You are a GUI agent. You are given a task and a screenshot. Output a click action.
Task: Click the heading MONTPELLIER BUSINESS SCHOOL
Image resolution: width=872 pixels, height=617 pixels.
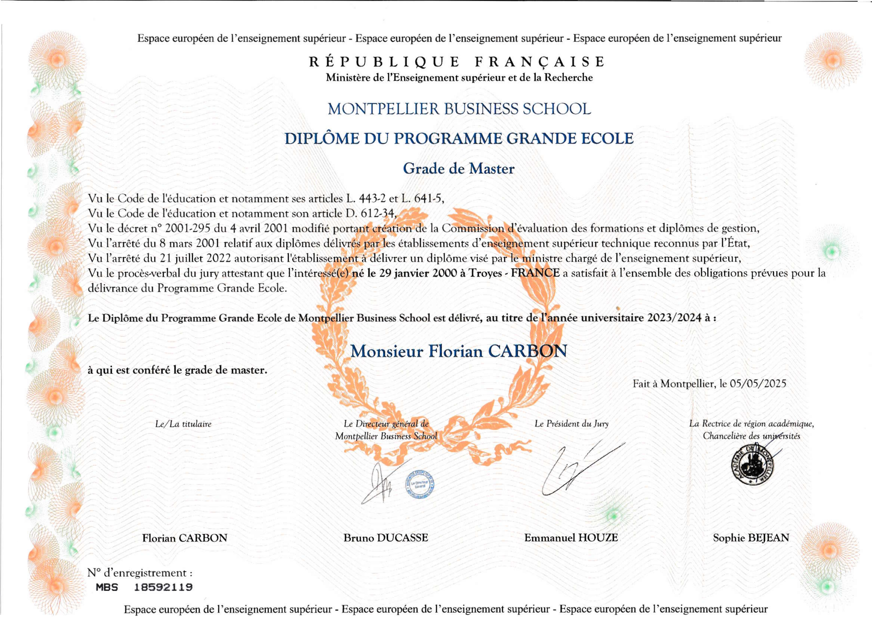click(459, 109)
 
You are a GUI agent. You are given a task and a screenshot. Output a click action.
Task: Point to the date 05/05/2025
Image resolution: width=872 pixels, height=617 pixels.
click(758, 384)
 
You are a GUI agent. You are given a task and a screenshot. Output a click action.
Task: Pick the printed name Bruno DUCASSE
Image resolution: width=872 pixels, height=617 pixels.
click(386, 538)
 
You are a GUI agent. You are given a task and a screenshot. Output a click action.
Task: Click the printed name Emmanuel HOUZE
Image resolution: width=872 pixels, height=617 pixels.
click(571, 538)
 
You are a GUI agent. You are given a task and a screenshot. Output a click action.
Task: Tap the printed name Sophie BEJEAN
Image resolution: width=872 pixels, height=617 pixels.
click(751, 538)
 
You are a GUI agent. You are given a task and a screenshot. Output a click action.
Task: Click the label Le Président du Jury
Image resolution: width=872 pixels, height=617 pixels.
click(571, 424)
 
